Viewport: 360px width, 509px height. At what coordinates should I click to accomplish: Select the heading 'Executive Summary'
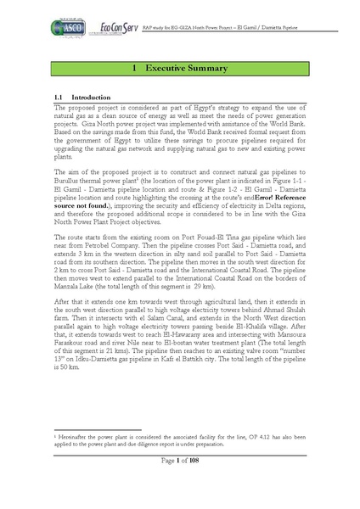pos(185,67)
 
